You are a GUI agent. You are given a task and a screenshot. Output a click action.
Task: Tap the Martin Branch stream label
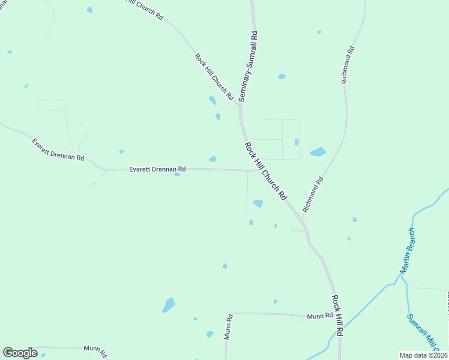(408, 251)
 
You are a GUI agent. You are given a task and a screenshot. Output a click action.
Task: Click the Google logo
(20, 353)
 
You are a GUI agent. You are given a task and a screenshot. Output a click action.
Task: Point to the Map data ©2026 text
(424, 355)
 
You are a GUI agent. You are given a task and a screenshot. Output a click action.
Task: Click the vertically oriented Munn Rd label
(229, 327)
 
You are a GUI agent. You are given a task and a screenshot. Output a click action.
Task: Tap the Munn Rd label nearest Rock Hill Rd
(319, 316)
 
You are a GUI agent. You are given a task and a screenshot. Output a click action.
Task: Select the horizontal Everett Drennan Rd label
(157, 169)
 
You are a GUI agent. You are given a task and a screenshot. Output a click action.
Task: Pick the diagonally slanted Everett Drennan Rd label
(58, 149)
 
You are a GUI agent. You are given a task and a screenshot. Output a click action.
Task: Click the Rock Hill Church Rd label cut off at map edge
(145, 8)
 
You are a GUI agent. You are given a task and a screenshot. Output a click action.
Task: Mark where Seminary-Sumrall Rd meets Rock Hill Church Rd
(240, 106)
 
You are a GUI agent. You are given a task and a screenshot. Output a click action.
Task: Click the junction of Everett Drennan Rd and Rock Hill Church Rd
(252, 170)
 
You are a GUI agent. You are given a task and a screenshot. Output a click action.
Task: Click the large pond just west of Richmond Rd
(318, 152)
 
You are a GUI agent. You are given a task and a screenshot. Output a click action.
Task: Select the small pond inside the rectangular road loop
(297, 142)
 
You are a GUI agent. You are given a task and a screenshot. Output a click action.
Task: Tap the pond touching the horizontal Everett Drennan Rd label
(177, 175)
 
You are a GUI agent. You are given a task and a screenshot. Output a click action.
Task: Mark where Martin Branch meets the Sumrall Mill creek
(401, 275)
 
